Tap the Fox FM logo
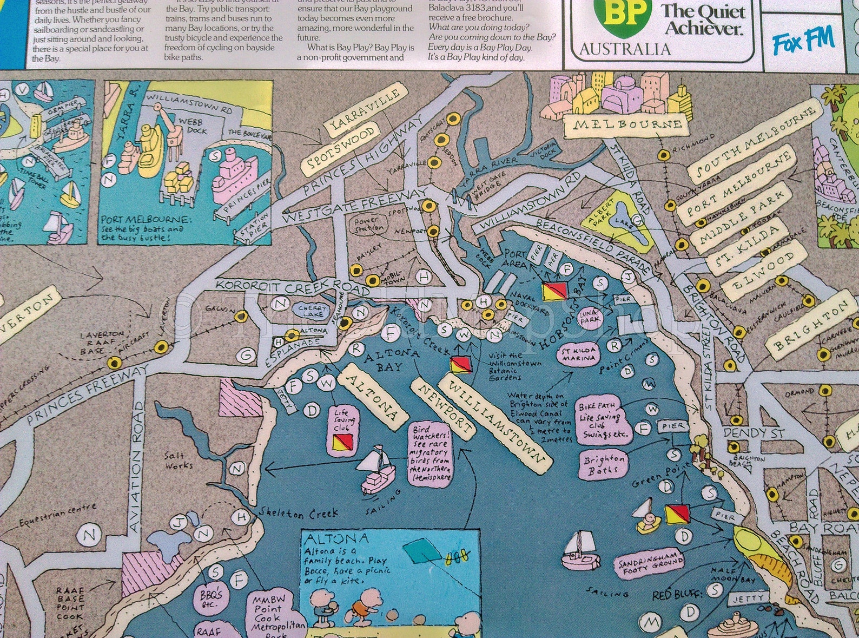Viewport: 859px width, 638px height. [x=803, y=41]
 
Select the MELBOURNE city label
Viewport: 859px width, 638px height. [x=626, y=126]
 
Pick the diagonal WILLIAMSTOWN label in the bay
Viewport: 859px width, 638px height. [x=495, y=420]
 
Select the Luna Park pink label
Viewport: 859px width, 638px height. [x=590, y=316]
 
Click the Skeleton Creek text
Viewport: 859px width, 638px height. [x=298, y=514]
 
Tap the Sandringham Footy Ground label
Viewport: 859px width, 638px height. [x=649, y=563]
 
